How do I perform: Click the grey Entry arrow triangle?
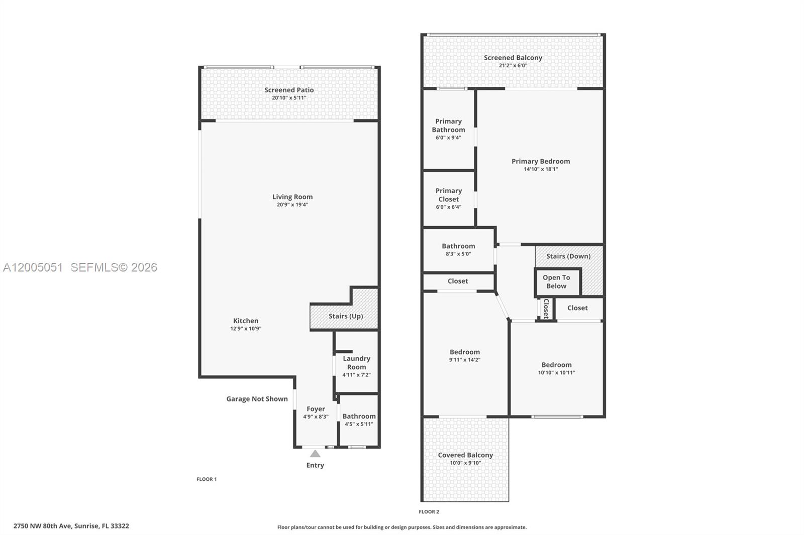315,454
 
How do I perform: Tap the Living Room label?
292,197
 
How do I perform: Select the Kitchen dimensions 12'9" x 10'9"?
246,329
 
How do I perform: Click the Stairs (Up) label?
345,316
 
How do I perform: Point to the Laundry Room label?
356,362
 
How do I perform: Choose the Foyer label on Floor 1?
316,409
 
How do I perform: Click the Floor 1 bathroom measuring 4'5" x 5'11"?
359,420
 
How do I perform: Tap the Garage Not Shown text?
257,399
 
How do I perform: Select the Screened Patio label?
289,90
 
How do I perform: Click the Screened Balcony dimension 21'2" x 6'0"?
513,66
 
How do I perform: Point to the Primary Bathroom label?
448,125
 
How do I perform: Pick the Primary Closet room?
448,198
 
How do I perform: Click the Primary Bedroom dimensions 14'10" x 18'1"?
541,169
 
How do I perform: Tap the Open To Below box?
556,282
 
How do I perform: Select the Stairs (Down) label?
568,256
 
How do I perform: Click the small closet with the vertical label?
546,309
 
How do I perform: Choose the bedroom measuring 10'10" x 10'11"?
556,368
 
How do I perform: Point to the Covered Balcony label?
465,455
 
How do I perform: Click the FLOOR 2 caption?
429,512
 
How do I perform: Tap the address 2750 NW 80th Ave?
71,526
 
